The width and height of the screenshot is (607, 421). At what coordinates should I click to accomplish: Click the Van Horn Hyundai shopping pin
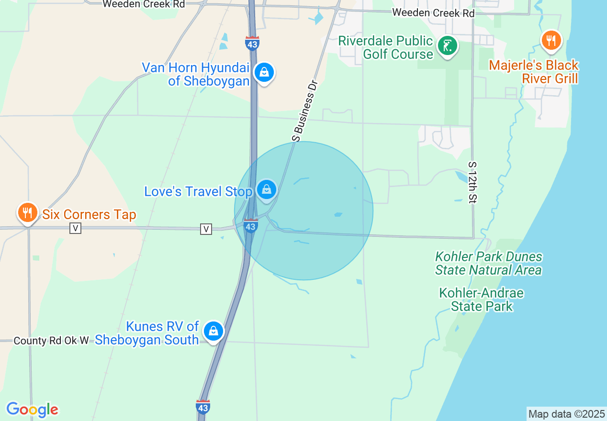point(264,73)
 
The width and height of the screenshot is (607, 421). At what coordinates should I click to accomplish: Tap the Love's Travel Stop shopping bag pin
point(267,189)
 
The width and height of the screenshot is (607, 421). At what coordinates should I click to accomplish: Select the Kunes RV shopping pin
point(213,331)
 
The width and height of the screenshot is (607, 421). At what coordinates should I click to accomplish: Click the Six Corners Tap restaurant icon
point(28,212)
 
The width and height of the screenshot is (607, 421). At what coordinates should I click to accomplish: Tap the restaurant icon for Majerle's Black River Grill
point(551,41)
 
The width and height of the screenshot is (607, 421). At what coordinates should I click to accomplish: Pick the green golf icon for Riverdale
point(448,46)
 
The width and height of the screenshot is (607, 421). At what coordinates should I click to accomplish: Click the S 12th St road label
point(472,182)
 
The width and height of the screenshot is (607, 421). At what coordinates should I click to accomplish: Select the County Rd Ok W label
point(51,341)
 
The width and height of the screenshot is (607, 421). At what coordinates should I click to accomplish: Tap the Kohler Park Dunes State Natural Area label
point(488,264)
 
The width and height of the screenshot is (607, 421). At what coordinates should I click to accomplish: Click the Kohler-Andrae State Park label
point(482,299)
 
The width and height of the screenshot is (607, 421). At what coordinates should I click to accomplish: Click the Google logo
point(32,410)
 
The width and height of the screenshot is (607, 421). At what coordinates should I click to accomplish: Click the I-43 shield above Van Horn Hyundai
point(252,44)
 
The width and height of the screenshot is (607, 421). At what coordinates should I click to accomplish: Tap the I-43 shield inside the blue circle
point(250,226)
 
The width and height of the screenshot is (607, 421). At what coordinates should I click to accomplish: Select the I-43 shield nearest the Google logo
point(203,407)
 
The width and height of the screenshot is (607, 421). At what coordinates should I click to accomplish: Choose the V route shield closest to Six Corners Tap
point(75,228)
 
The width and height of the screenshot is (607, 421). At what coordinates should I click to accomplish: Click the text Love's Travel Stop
point(198,192)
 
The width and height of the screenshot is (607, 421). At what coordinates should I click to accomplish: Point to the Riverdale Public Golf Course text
point(386,47)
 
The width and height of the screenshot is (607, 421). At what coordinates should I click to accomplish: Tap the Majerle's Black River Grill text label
point(534,72)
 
